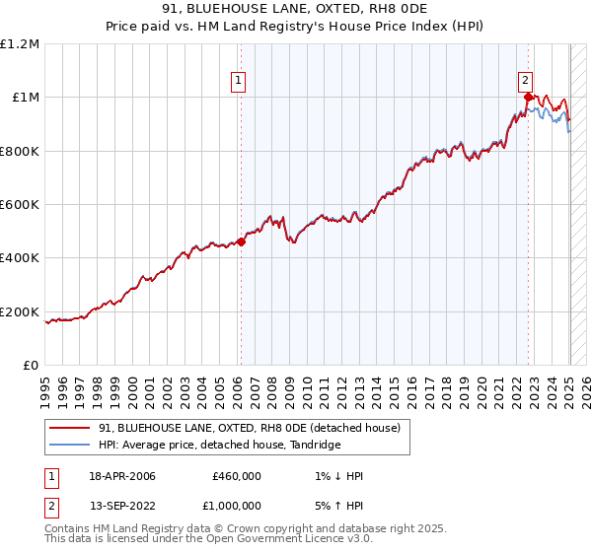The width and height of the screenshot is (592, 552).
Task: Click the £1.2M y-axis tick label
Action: click(20, 44)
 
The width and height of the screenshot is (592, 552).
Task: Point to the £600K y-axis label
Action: click(20, 205)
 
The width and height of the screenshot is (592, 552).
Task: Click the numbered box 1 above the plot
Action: click(239, 82)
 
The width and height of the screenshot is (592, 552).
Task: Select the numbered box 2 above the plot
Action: click(526, 82)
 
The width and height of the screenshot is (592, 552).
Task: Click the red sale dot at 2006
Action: click(242, 241)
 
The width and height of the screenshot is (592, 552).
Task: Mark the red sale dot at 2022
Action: click(529, 97)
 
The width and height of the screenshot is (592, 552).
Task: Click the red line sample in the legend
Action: click(70, 429)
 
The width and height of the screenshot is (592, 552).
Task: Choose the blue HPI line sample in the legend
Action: click(70, 446)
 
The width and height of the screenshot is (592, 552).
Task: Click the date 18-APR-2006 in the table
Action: click(122, 476)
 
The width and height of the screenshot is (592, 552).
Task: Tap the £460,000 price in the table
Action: click(236, 476)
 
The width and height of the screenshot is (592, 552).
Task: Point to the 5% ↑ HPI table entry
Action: click(337, 508)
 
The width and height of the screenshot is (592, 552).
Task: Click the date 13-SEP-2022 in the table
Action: click(122, 508)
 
